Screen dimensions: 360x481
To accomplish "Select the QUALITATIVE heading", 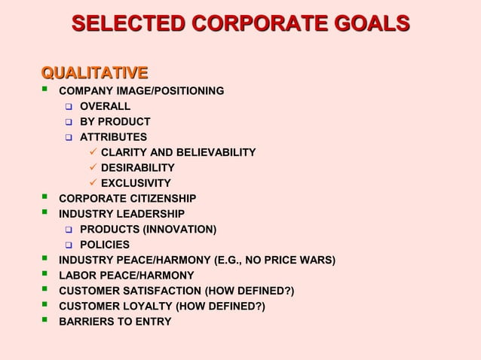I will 94,72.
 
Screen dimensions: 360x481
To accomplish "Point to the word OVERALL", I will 106,106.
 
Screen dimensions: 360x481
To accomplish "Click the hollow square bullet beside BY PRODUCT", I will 67,122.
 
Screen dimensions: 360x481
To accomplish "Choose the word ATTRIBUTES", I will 114,137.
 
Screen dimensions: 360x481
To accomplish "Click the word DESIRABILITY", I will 138,168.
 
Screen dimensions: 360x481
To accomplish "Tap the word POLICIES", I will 105,245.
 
